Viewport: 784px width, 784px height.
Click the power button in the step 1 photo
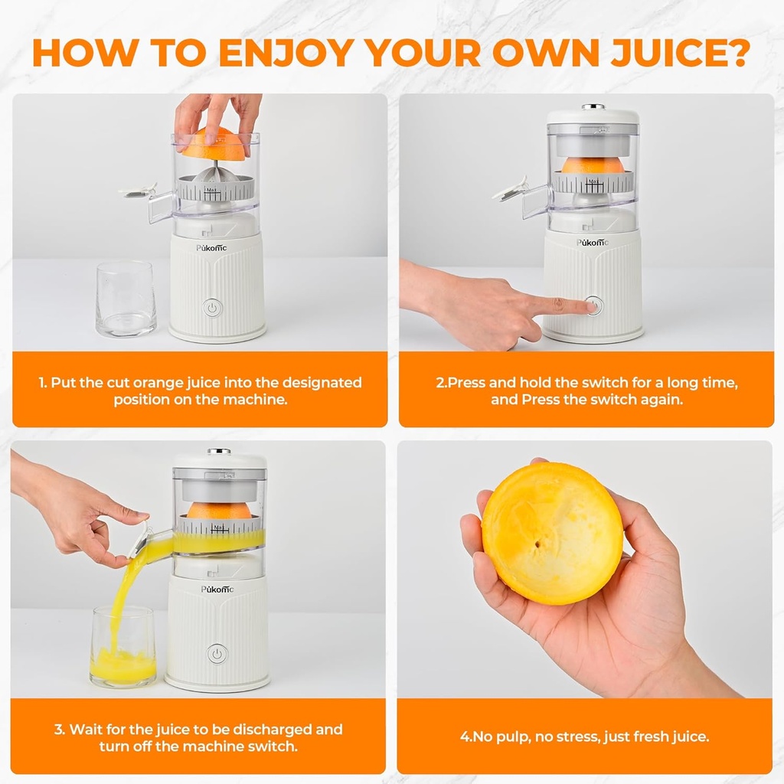[x=214, y=309]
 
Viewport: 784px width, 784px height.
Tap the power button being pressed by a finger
[x=594, y=305]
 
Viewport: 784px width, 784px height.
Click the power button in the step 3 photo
[x=217, y=654]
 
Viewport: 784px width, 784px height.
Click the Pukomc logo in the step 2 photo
[x=594, y=243]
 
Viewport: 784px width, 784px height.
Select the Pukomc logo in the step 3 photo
[x=217, y=589]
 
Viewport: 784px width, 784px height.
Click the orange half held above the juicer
[x=215, y=145]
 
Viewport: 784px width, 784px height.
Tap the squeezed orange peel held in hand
[x=551, y=532]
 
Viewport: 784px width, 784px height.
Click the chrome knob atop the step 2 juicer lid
[x=593, y=107]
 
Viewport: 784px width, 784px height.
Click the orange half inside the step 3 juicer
[x=219, y=510]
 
